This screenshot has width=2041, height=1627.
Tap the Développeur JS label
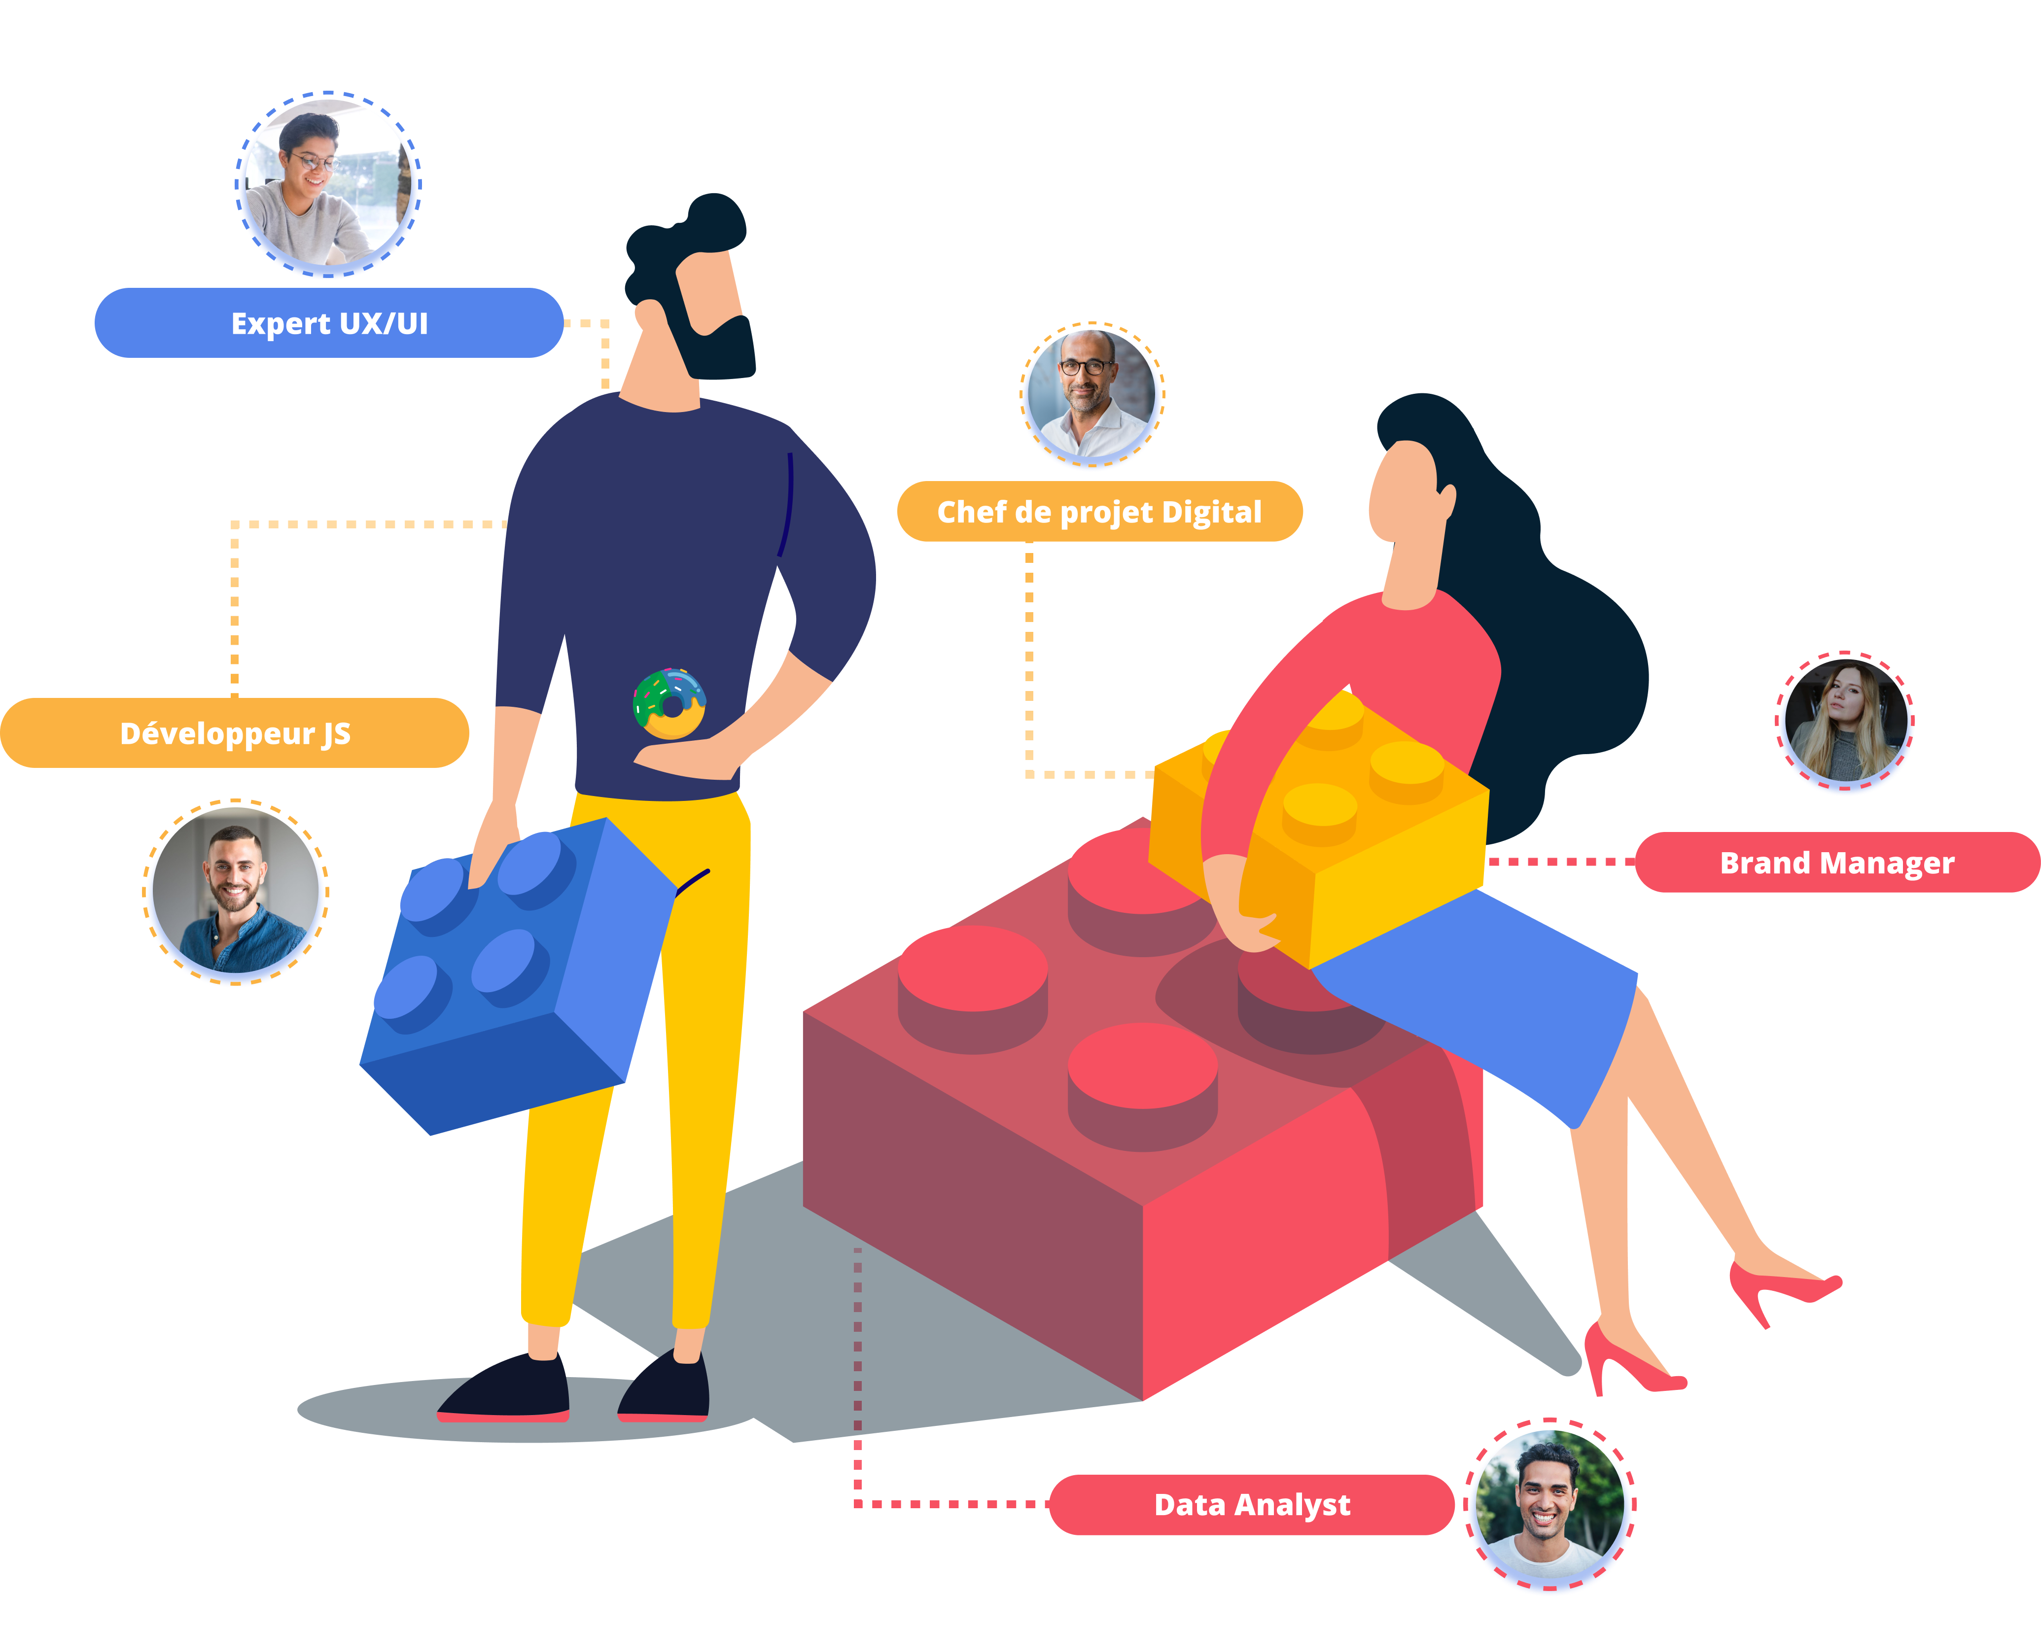pos(235,732)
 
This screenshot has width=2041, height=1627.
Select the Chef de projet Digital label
pos(1099,511)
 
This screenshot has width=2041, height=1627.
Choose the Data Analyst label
pos(1252,1504)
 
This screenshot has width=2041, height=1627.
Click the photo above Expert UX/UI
pos(328,184)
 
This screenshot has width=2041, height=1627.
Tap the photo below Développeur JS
pos(236,892)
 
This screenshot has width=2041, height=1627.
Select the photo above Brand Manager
pos(1844,720)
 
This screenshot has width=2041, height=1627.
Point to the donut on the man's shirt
pos(669,703)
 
